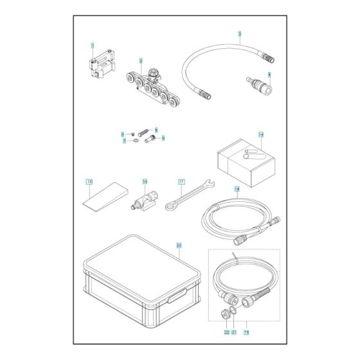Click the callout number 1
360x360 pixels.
pyautogui.click(x=93, y=46)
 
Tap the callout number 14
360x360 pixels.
pyautogui.click(x=261, y=136)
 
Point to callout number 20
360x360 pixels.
pyautogui.click(x=179, y=246)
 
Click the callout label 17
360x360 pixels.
pyautogui.click(x=181, y=182)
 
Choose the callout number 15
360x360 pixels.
pyautogui.click(x=89, y=183)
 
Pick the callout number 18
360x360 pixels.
pyautogui.click(x=237, y=190)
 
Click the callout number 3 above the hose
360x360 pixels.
pyautogui.click(x=239, y=33)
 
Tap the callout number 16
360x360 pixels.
pyautogui.click(x=145, y=182)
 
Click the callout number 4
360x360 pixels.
pyautogui.click(x=269, y=75)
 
